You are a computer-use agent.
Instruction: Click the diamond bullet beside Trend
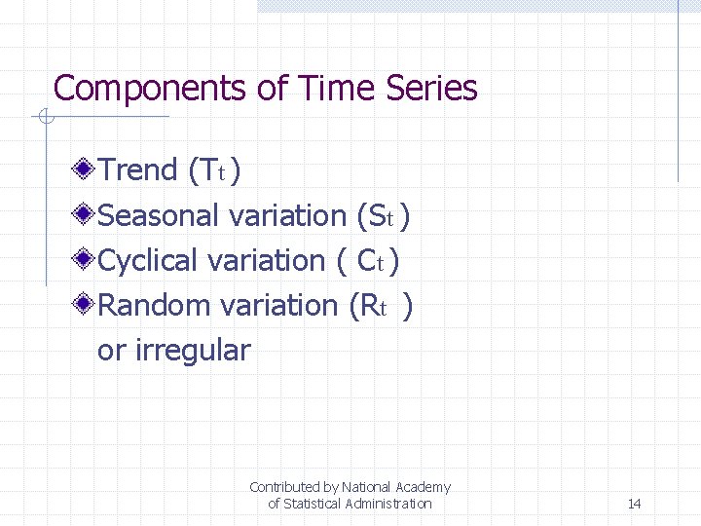point(86,169)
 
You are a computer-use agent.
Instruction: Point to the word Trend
point(138,169)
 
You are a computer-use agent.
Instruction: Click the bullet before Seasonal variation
point(86,214)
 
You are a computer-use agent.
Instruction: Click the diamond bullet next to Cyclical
point(86,260)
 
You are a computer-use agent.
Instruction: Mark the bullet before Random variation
point(86,305)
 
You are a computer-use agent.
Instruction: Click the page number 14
point(634,504)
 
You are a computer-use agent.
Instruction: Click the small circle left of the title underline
point(44,119)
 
